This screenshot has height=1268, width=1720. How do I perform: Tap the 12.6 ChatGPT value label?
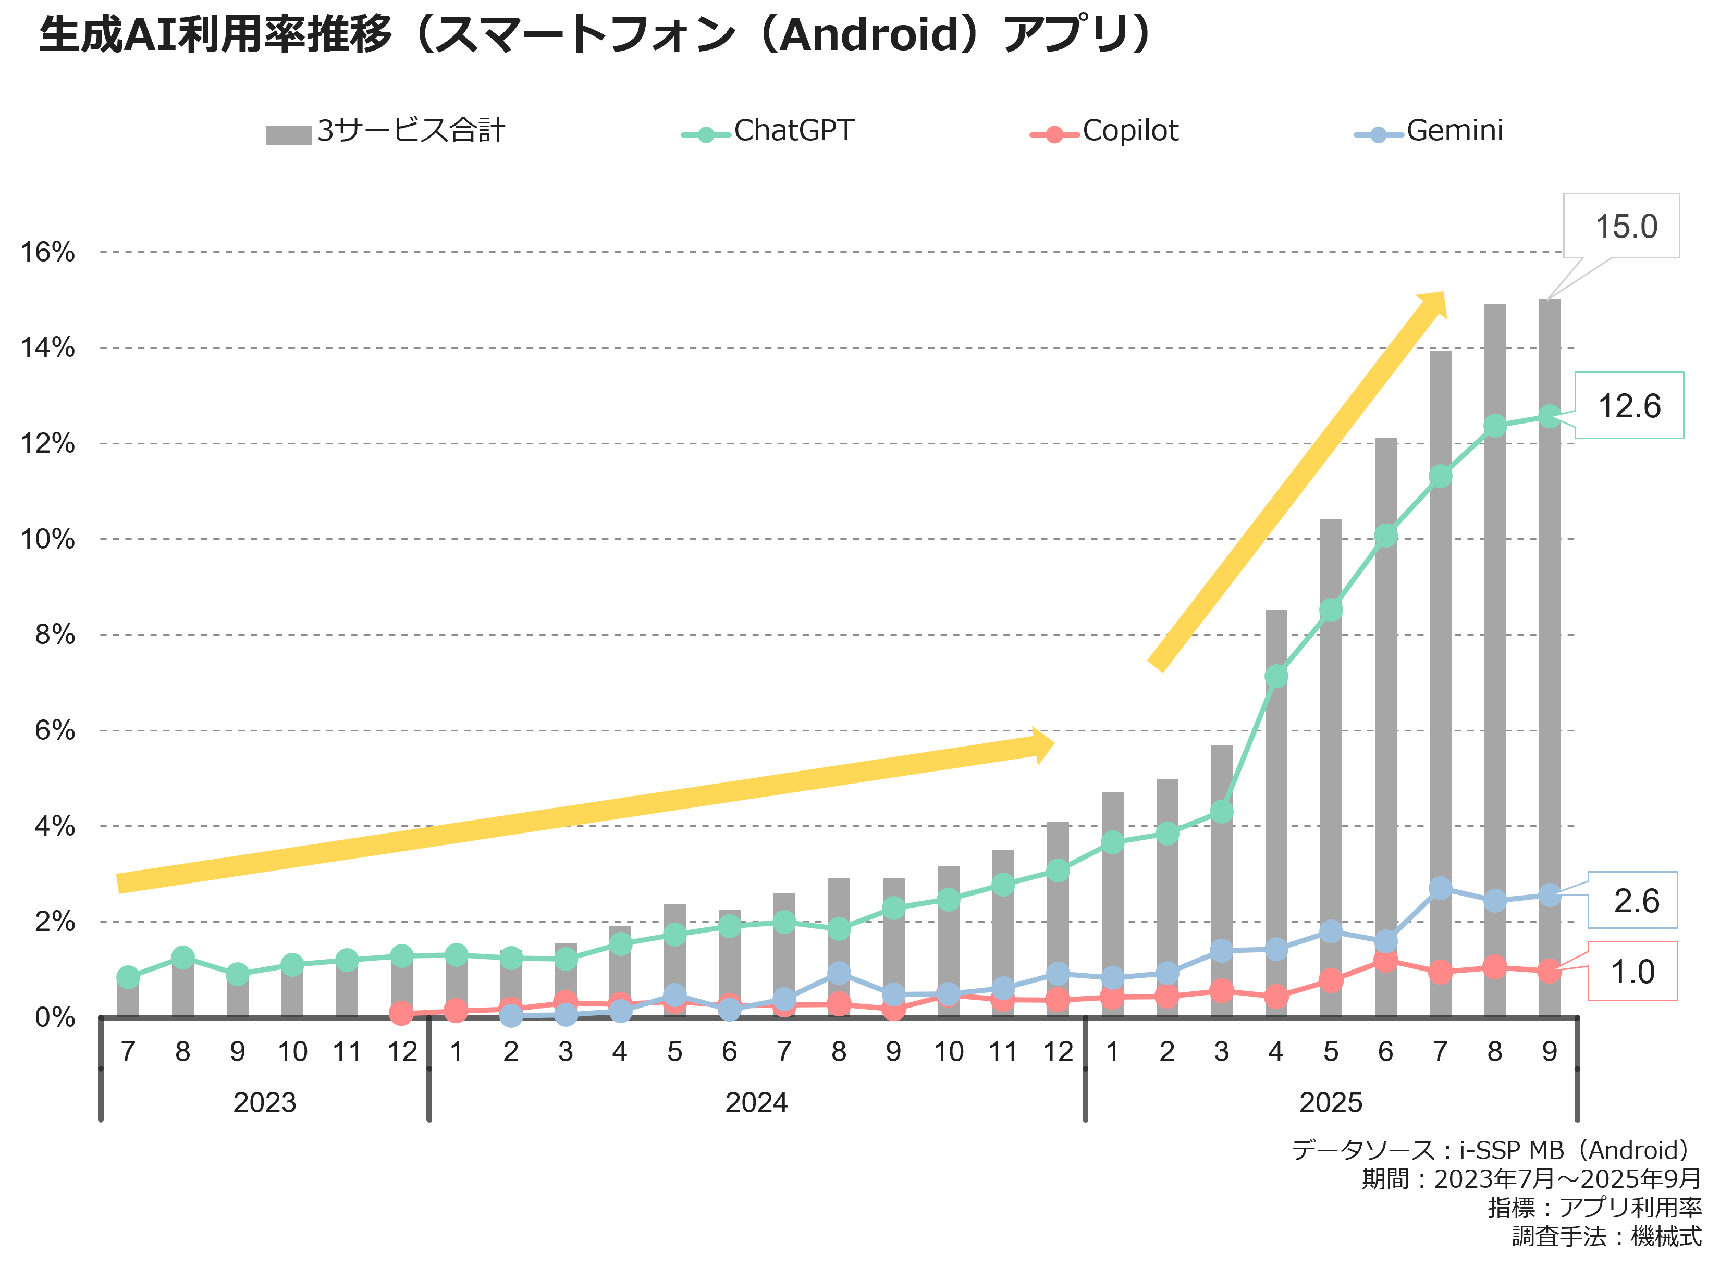click(1629, 406)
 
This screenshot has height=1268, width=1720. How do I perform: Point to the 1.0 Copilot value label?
click(1632, 972)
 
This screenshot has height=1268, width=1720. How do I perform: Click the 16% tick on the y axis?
click(47, 252)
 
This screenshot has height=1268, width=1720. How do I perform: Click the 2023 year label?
click(264, 1103)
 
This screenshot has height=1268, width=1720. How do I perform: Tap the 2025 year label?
click(1330, 1103)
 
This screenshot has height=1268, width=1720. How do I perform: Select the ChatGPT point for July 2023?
click(128, 977)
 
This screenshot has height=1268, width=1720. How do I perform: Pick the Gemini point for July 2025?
click(1441, 889)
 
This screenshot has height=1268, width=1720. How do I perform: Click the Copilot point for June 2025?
click(1385, 960)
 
